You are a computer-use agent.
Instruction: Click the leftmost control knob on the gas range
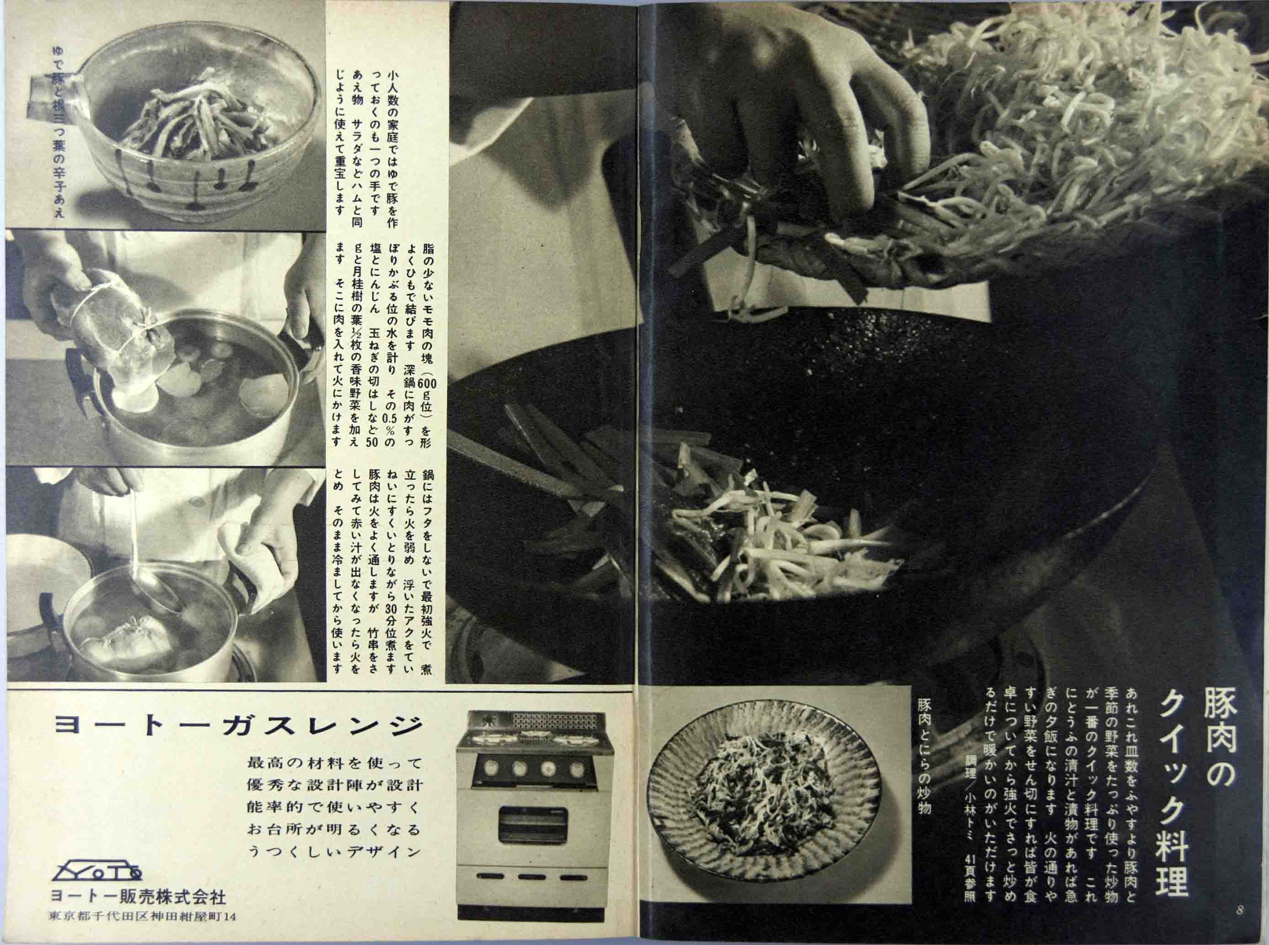click(x=490, y=769)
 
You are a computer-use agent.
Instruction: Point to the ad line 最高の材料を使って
click(x=334, y=763)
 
